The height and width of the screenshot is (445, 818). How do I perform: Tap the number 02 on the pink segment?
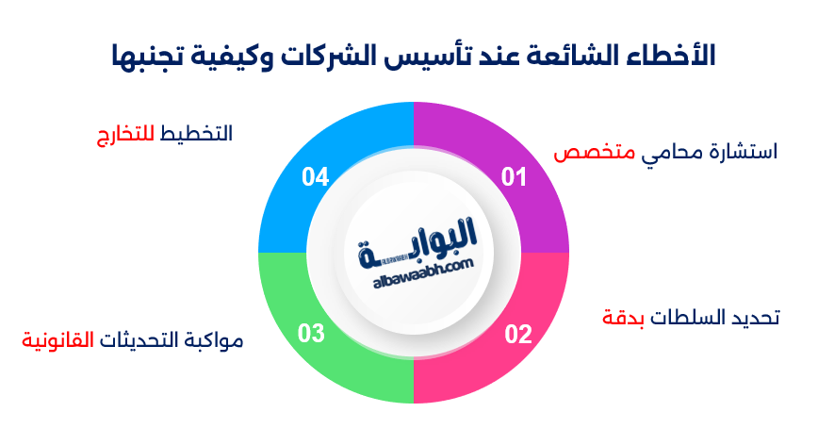click(518, 334)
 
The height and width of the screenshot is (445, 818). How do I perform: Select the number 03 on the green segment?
click(312, 332)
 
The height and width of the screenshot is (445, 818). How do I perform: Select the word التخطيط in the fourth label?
click(197, 134)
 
